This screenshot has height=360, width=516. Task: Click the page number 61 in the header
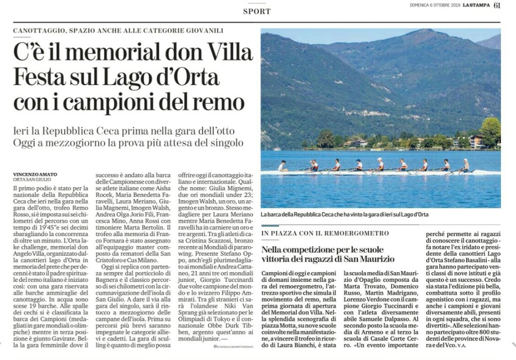click(497, 6)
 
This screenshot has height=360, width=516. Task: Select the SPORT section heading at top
click(256, 11)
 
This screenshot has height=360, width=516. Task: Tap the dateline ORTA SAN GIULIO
click(31, 179)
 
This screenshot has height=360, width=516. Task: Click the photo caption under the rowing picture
click(345, 215)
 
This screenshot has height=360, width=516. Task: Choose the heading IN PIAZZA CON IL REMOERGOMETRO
click(326, 233)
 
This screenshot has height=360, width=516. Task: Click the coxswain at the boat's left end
click(282, 165)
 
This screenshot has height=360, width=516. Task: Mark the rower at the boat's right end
click(466, 165)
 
